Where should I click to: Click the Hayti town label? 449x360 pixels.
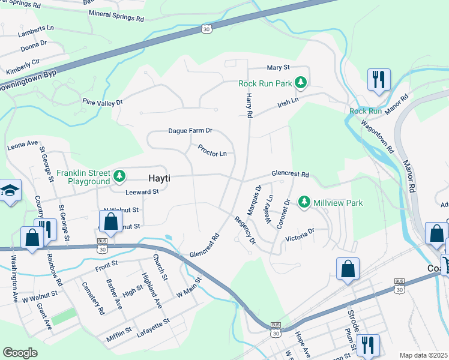(x=161, y=178)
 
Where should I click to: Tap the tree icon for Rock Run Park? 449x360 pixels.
(x=303, y=83)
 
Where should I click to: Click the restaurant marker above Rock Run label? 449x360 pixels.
(x=379, y=80)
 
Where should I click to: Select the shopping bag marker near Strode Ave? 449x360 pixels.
(x=348, y=269)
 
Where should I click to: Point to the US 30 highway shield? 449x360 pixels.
(x=206, y=29)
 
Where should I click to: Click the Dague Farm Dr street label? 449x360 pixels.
(x=190, y=130)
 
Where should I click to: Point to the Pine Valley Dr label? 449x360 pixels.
(x=102, y=103)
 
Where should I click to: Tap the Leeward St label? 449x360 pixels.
(x=142, y=192)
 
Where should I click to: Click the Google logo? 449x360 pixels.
(x=20, y=352)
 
